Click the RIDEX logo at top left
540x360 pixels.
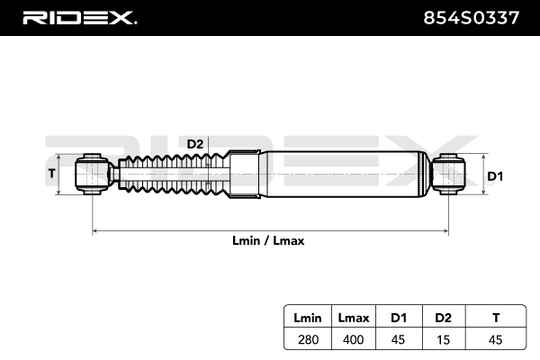(79, 17)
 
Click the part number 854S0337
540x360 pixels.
(473, 17)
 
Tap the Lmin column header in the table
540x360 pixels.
(309, 318)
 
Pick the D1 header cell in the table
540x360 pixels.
(399, 318)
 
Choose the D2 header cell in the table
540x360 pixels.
(442, 318)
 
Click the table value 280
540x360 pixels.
(309, 339)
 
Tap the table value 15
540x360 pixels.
(442, 339)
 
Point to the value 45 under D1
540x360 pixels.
(399, 339)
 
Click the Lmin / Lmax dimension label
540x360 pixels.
(270, 241)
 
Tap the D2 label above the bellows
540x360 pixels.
(195, 144)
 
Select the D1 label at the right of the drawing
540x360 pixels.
(494, 176)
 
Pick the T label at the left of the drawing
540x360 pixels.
(51, 173)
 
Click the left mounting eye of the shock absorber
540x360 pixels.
(93, 174)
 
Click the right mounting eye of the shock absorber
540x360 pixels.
(447, 174)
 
